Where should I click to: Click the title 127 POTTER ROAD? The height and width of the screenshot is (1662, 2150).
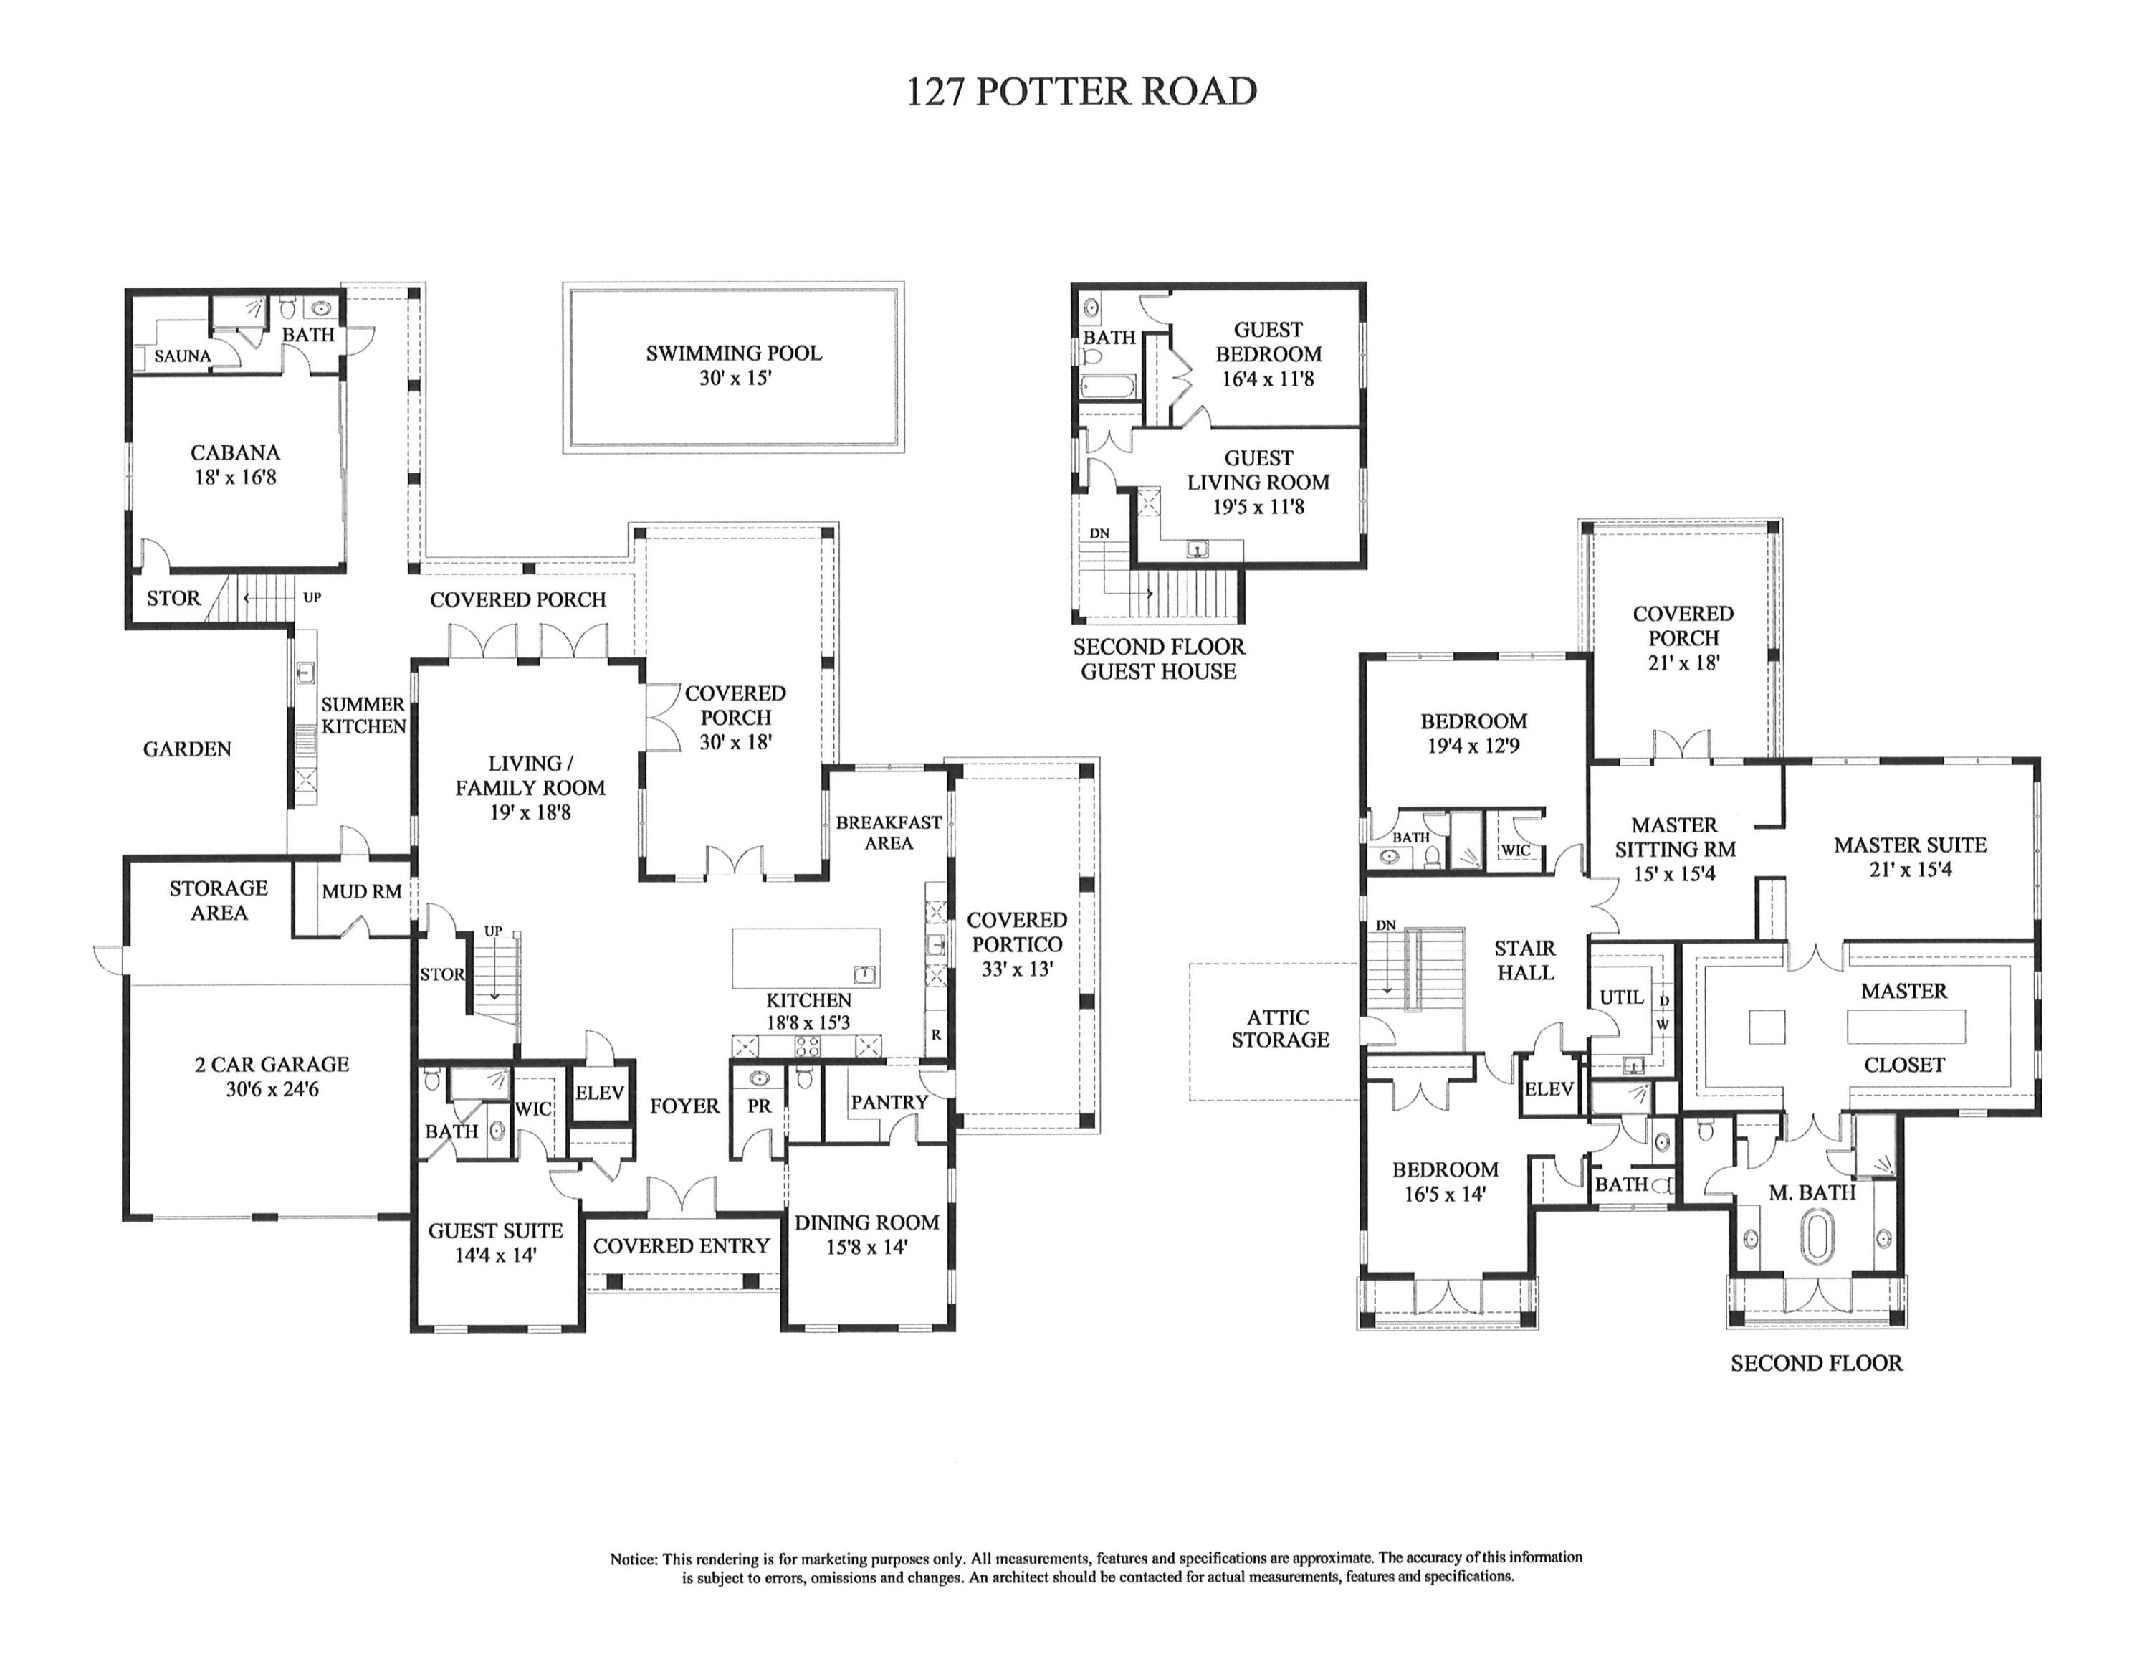1081,92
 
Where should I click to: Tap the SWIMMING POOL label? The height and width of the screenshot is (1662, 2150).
733,353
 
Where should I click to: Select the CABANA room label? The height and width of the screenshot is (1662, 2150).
235,453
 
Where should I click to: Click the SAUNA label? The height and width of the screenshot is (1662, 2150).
182,356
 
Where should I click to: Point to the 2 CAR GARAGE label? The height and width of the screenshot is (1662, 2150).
272,1064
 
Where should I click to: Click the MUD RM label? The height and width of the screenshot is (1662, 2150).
361,892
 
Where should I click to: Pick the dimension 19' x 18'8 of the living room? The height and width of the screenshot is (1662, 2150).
530,813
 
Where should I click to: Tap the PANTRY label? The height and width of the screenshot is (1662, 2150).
889,1103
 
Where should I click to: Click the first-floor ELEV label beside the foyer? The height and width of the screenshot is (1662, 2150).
600,1093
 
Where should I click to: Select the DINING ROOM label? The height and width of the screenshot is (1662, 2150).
866,1223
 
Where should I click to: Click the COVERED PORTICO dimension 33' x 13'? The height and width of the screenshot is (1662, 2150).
1017,969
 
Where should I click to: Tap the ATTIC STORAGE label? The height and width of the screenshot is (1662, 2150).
1280,1029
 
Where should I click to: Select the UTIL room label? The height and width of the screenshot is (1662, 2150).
1621,997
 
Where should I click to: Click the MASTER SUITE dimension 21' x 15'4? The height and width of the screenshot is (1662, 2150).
1910,870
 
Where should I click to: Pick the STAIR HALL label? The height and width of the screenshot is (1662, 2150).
1525,960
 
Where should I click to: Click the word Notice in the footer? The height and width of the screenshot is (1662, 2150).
632,1559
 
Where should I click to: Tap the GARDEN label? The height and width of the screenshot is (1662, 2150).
187,749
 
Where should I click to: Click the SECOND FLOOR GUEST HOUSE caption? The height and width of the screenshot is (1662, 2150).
1159,660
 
